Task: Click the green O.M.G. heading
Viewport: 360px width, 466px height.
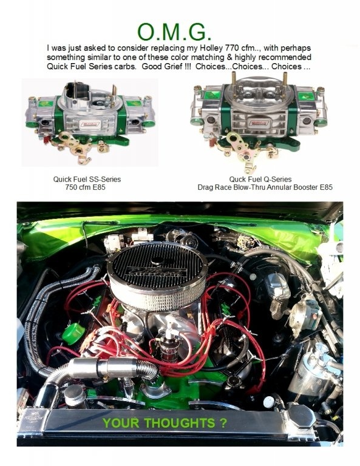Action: [175, 32]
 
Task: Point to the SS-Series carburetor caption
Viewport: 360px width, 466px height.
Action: [87, 179]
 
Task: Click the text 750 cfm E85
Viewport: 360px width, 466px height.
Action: [85, 187]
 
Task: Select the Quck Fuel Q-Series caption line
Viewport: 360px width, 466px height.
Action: [260, 179]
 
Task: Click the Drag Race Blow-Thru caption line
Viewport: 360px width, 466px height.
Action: [265, 187]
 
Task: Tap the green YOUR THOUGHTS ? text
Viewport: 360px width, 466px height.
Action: [165, 423]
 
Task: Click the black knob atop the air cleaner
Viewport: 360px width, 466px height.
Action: [157, 261]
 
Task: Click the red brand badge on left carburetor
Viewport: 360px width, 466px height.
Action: [91, 124]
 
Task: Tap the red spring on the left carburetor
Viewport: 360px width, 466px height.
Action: [47, 139]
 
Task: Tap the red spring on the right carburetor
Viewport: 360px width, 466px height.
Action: [211, 140]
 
